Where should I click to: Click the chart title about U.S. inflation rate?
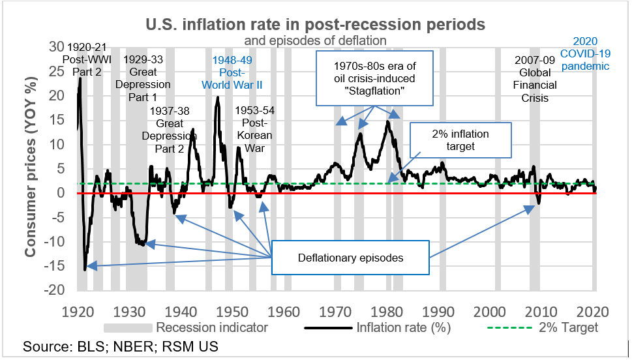click(x=315, y=25)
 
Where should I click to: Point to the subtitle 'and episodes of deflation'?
click(x=315, y=40)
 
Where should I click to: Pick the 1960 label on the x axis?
click(x=284, y=310)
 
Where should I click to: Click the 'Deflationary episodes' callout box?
click(x=350, y=258)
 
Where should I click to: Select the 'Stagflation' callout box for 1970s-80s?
click(x=374, y=80)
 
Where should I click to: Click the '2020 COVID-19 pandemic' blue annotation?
click(x=585, y=53)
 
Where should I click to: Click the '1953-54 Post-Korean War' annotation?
click(x=255, y=129)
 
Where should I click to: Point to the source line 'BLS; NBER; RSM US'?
click(x=121, y=346)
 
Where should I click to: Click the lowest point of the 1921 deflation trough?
click(x=85, y=269)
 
